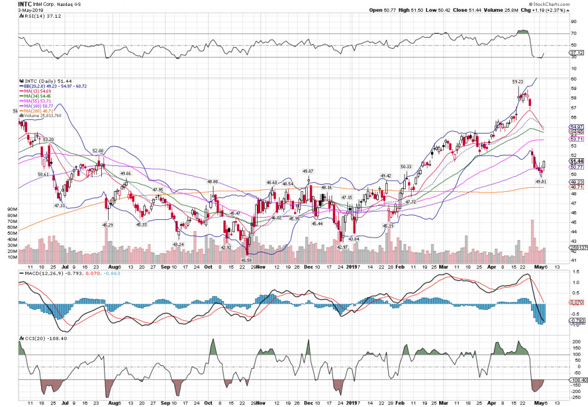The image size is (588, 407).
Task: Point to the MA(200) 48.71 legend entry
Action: coord(39,111)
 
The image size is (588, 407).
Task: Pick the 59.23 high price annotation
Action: coord(517,82)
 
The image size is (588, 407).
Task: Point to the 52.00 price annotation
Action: coord(98,151)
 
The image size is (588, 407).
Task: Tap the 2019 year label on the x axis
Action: coord(351,266)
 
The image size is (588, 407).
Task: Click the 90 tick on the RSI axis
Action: coord(573,21)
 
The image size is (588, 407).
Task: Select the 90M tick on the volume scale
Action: coord(12,209)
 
